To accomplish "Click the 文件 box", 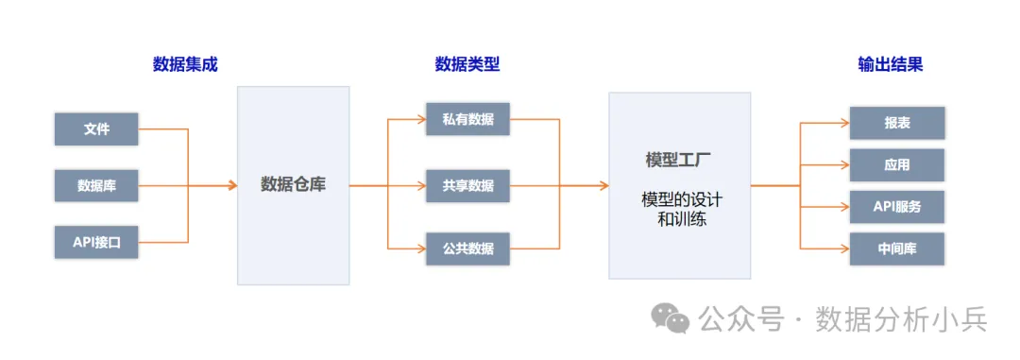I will pos(96,129).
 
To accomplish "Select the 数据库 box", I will pos(96,185).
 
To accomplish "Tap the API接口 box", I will pos(96,242).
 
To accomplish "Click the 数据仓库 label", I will pos(293,185).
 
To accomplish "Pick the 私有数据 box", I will pos(467,120).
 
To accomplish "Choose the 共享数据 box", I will pos(467,185).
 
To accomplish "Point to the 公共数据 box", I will pos(467,249).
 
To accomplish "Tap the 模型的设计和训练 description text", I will pos(679,210).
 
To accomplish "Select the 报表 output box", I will pos(896,124).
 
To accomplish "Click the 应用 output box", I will pos(896,165).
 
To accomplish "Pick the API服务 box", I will pos(896,207).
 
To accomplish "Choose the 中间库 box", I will pos(896,249).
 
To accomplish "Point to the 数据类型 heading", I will pos(467,65).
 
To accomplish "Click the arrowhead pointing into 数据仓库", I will pos(231,185).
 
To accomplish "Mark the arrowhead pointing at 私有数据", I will pos(421,120).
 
